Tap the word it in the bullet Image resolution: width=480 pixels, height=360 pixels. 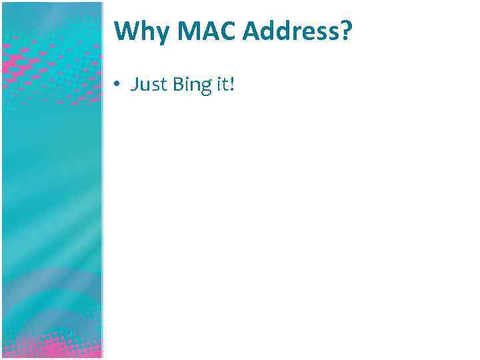click(221, 85)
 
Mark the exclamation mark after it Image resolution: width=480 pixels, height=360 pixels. click(232, 85)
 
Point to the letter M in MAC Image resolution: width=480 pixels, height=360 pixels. click(175, 31)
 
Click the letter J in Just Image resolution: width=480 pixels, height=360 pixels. click(135, 85)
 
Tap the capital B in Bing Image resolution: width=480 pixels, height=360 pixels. click(178, 85)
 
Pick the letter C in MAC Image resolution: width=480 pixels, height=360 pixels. click(214, 31)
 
